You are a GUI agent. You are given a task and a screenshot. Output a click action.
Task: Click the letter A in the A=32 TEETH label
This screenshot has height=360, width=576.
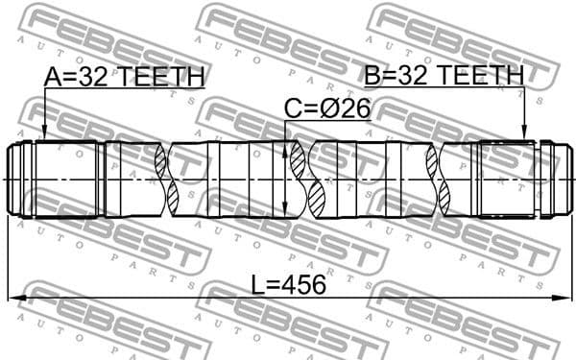(x=53, y=77)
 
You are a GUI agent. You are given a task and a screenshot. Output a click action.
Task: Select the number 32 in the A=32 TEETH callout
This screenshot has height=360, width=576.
(x=95, y=77)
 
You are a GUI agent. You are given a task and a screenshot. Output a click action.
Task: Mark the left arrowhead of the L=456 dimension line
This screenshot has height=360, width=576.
(x=13, y=299)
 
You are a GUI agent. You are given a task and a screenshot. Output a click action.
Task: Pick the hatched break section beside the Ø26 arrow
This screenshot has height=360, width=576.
(x=312, y=180)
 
